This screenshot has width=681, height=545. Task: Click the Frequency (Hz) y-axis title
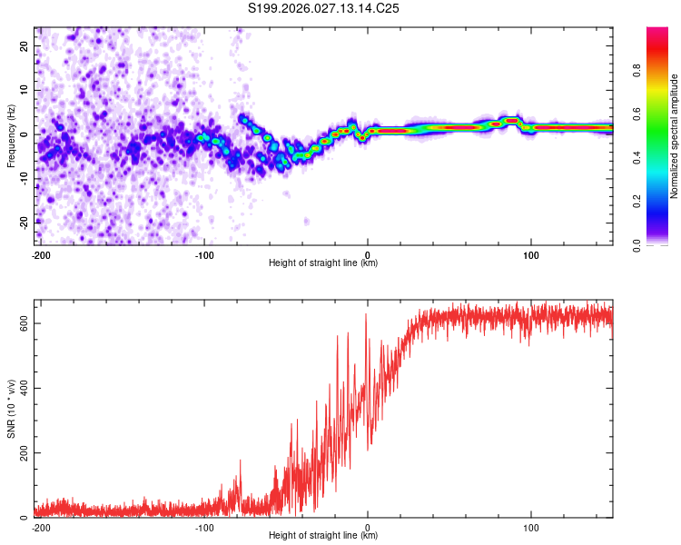(11, 135)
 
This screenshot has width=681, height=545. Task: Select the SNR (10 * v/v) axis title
(11, 408)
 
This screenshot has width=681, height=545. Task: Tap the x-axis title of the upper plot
(323, 263)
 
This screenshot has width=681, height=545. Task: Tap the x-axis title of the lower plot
(323, 535)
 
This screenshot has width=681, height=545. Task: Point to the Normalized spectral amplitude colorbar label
(674, 135)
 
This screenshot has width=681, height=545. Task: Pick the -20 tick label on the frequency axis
(24, 223)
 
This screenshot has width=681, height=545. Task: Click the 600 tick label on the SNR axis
(23, 323)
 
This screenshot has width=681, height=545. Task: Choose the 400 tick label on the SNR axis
(23, 388)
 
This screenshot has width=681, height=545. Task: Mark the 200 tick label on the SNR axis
(23, 452)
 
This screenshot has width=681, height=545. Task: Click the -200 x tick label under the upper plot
(40, 254)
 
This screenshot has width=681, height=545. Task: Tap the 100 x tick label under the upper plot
(531, 254)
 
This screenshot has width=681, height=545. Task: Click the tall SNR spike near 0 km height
(366, 317)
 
